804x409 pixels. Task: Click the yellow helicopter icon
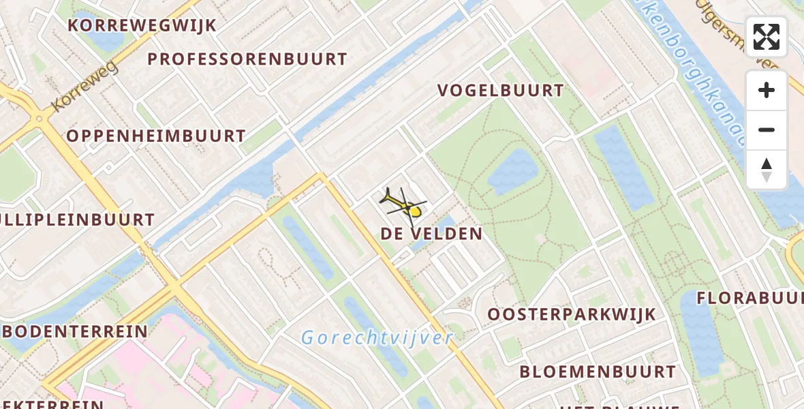pos(403,204)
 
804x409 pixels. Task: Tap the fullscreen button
pos(767,37)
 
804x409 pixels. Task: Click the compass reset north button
pos(767,170)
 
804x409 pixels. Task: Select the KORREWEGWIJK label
pos(142,26)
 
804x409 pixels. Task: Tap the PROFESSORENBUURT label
pos(247,59)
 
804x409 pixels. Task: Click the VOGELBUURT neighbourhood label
pos(501,91)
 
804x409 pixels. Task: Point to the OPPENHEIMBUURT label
pos(156,136)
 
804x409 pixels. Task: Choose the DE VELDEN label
pos(431,234)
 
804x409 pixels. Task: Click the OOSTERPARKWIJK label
pos(571,315)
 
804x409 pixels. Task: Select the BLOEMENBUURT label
pos(598,372)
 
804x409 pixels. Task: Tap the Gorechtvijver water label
pos(377,337)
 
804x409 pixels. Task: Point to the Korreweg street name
pos(84,87)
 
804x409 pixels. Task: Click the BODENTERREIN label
pos(75,332)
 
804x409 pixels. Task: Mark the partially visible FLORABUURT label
pos(749,299)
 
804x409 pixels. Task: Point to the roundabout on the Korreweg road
pos(40,120)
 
